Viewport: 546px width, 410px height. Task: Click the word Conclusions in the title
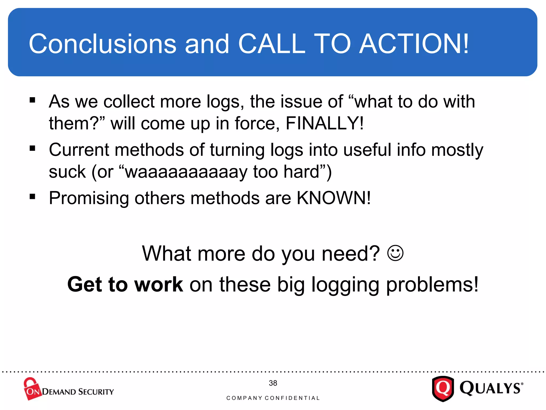[102, 44]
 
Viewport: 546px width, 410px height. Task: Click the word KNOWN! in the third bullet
[334, 198]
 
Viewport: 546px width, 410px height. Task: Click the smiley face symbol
[395, 253]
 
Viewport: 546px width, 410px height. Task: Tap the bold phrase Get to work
[125, 285]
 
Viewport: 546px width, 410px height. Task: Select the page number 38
[273, 383]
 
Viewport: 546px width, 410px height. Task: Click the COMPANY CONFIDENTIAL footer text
[273, 398]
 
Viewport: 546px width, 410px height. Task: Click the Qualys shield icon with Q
[443, 389]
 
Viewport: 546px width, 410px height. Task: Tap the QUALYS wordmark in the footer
[491, 388]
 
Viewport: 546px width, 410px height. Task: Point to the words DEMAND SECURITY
[78, 392]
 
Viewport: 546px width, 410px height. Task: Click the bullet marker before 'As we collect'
[33, 100]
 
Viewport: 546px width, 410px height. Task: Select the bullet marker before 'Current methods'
[33, 148]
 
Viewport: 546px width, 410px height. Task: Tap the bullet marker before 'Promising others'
[33, 197]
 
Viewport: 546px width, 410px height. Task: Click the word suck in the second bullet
[67, 172]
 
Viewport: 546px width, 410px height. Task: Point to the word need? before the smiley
[351, 254]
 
